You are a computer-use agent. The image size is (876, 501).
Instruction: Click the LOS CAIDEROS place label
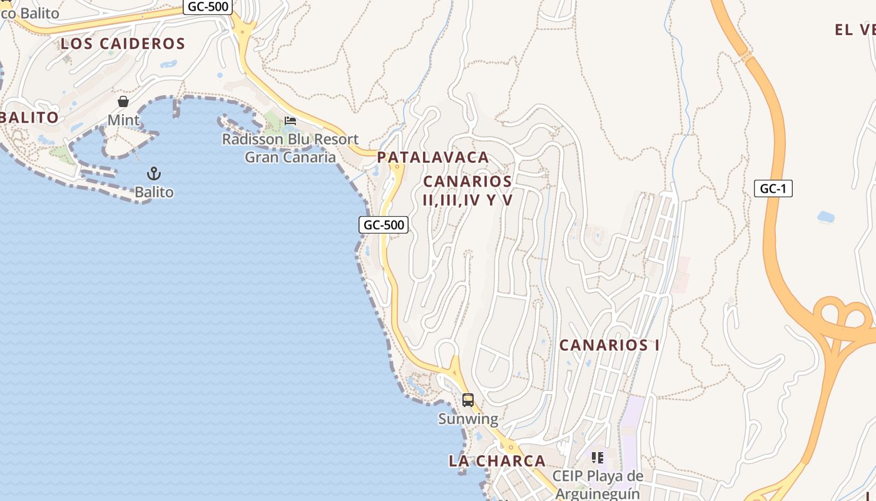123,43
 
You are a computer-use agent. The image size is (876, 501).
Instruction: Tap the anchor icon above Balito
154,173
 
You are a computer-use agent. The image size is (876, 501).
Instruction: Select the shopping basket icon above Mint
123,101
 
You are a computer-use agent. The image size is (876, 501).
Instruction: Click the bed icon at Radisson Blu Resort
290,120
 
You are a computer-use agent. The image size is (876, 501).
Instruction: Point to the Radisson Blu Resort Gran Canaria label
290,148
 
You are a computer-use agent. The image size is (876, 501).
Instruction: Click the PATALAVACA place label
433,157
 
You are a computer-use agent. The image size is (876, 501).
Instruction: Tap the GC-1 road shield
773,189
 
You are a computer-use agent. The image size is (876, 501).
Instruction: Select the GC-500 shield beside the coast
384,225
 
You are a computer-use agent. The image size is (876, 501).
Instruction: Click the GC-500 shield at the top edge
208,7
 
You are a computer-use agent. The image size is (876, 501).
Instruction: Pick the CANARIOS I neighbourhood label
609,345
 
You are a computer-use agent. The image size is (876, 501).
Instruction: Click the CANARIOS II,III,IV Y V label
468,190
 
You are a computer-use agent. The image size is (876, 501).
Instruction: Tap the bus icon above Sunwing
467,400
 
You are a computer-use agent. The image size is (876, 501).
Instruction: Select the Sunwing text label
468,419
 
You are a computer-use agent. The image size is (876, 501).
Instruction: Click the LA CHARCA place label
497,461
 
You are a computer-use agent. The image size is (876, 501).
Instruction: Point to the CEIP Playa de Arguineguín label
600,485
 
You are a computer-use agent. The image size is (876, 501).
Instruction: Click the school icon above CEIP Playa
598,458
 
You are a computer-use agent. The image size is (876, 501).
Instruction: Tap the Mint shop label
123,120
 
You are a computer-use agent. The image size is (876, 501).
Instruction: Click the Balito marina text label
154,192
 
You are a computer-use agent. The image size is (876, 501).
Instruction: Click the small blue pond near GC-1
826,217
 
